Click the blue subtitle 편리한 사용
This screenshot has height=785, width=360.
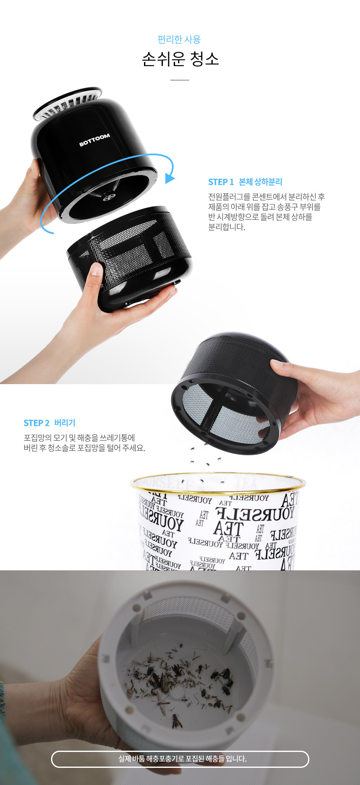pyautogui.click(x=179, y=39)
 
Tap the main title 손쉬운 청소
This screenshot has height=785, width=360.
pyautogui.click(x=180, y=59)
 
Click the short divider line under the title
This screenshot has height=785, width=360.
pyautogui.click(x=180, y=80)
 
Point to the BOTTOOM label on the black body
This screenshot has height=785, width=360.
pyautogui.click(x=95, y=140)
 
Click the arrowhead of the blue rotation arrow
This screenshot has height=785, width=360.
pyautogui.click(x=170, y=177)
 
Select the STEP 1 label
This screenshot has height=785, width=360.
pyautogui.click(x=221, y=182)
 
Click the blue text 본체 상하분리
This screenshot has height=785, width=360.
pyautogui.click(x=260, y=182)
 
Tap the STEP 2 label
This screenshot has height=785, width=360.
pyautogui.click(x=36, y=423)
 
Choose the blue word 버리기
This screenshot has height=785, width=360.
pyautogui.click(x=65, y=423)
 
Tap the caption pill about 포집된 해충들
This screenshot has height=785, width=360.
pyautogui.click(x=180, y=759)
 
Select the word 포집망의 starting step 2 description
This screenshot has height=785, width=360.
pyautogui.click(x=36, y=438)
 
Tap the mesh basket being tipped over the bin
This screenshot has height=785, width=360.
pyautogui.click(x=234, y=393)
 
